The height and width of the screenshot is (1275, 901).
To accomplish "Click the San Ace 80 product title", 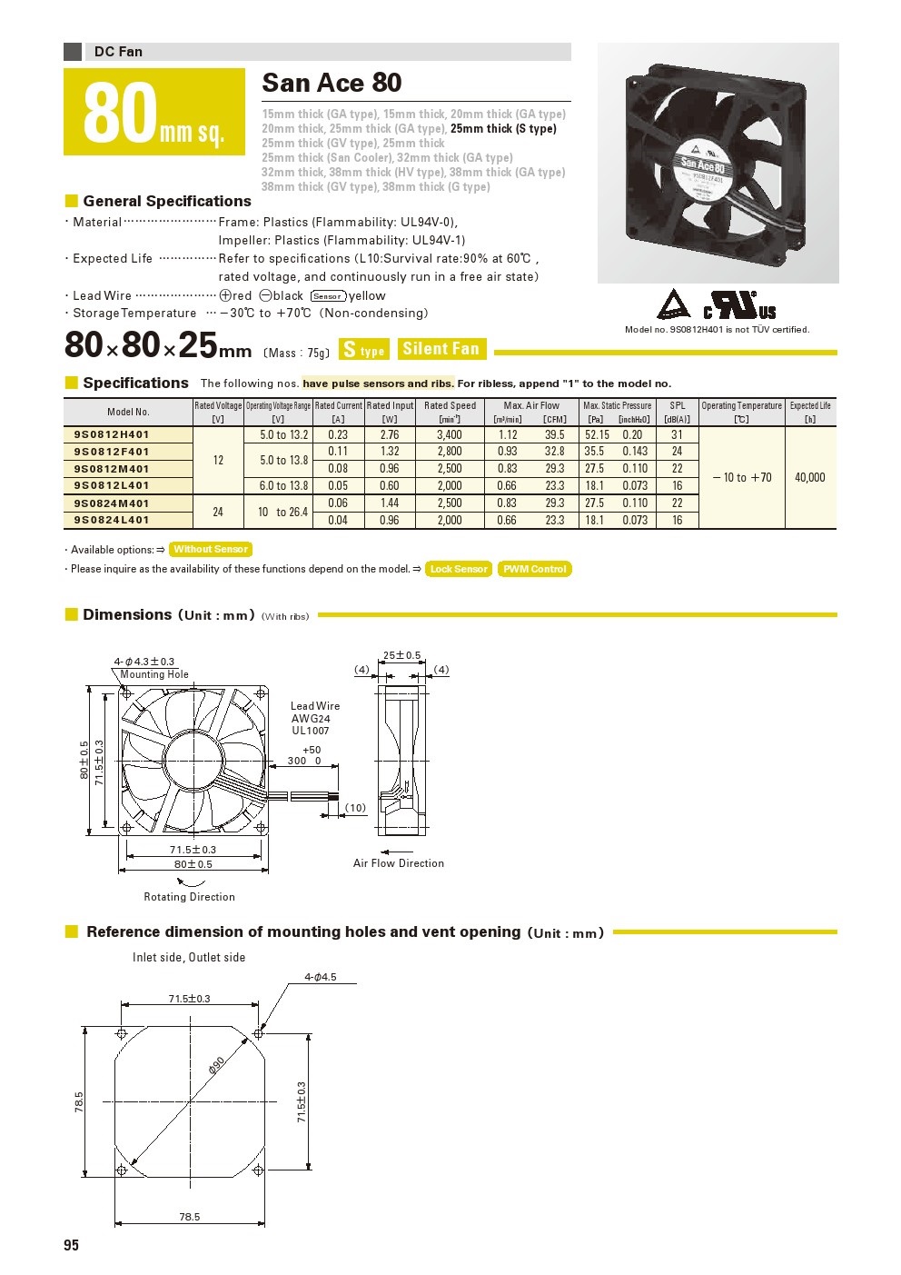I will pyautogui.click(x=332, y=83).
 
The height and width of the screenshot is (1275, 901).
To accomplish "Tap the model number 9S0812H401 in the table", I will pyautogui.click(x=112, y=434).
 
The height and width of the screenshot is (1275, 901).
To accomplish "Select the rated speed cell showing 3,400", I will pyautogui.click(x=449, y=435).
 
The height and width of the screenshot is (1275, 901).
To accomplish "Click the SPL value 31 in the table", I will pyautogui.click(x=677, y=435).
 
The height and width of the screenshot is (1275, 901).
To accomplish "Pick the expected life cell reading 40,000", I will pyautogui.click(x=809, y=477).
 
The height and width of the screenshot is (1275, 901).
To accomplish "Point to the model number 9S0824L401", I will pyautogui.click(x=112, y=520).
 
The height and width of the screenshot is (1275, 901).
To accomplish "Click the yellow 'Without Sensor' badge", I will pyautogui.click(x=211, y=549).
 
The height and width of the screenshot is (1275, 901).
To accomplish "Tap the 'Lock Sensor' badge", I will pyautogui.click(x=459, y=569).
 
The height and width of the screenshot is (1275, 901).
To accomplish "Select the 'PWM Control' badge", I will pyautogui.click(x=535, y=569).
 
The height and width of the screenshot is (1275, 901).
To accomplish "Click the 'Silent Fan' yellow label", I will pyautogui.click(x=441, y=349).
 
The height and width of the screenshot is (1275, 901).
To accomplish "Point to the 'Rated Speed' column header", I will pyautogui.click(x=450, y=406).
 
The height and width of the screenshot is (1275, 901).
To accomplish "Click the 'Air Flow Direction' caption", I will pyautogui.click(x=399, y=863).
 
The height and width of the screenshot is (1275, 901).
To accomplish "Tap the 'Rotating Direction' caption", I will pyautogui.click(x=189, y=897).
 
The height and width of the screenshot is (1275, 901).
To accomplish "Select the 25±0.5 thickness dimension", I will pyautogui.click(x=401, y=655).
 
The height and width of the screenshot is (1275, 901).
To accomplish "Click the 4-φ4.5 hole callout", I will pyautogui.click(x=320, y=977).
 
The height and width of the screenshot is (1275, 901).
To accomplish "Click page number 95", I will pyautogui.click(x=72, y=1245).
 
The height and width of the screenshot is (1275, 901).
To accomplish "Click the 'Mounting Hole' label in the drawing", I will pyautogui.click(x=154, y=674).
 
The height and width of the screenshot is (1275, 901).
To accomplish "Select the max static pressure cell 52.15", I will pyautogui.click(x=597, y=435).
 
